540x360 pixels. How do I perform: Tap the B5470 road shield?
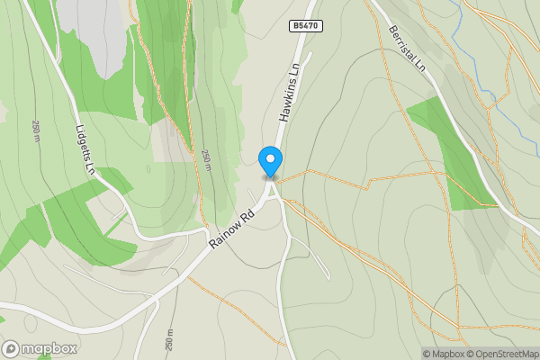[x=304, y=27]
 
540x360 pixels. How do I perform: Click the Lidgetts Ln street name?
[x=85, y=148]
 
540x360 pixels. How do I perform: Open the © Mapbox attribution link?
[x=446, y=354]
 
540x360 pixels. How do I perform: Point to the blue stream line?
[x=486, y=90]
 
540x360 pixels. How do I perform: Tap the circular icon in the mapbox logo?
[x=12, y=348]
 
